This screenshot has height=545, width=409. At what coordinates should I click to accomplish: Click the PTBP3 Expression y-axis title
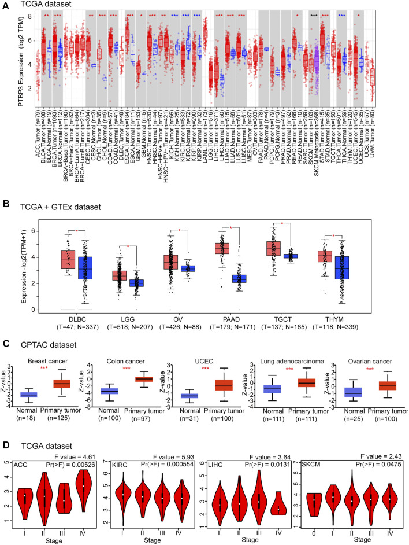(x=8, y=58)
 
